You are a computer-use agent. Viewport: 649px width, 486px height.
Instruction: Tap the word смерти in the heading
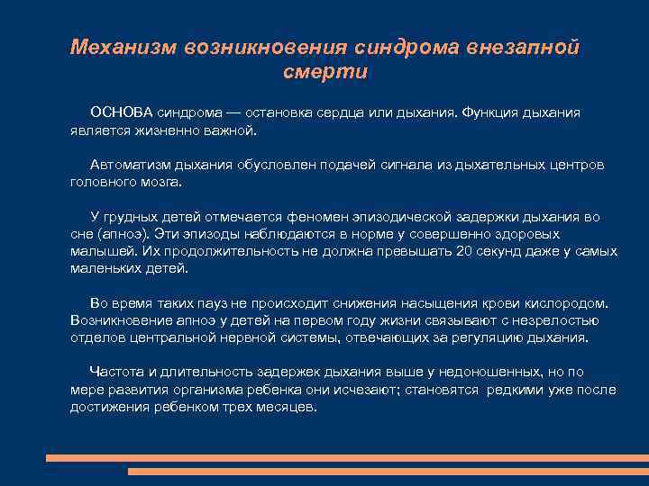pyautogui.click(x=324, y=72)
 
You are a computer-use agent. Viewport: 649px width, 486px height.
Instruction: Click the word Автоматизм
pyautogui.click(x=129, y=165)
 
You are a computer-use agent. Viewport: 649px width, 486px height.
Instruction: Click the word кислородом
pyautogui.click(x=566, y=303)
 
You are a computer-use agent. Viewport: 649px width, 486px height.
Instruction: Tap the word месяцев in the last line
pyautogui.click(x=285, y=407)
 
